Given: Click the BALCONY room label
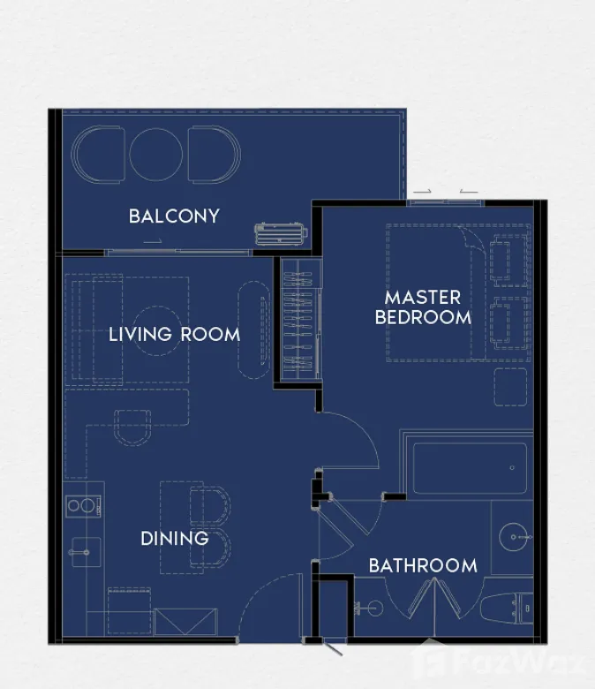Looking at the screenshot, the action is click(174, 216).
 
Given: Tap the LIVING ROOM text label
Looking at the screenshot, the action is click(174, 335).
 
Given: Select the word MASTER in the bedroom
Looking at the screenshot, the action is click(423, 298).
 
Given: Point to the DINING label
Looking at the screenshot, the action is click(174, 539).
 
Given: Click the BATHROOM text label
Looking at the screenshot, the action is click(423, 565).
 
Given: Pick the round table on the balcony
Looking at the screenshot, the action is click(156, 154).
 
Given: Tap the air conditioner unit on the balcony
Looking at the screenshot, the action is click(281, 233).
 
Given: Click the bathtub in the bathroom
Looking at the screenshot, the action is click(470, 468).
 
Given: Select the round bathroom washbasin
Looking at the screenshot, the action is click(514, 537).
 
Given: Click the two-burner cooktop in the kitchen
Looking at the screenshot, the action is click(83, 506).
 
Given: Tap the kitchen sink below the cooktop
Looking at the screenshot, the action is click(85, 552).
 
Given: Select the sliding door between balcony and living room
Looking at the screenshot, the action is click(177, 253).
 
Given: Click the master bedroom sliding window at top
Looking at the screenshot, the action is click(444, 202).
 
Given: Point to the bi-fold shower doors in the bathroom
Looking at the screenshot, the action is click(434, 601).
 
